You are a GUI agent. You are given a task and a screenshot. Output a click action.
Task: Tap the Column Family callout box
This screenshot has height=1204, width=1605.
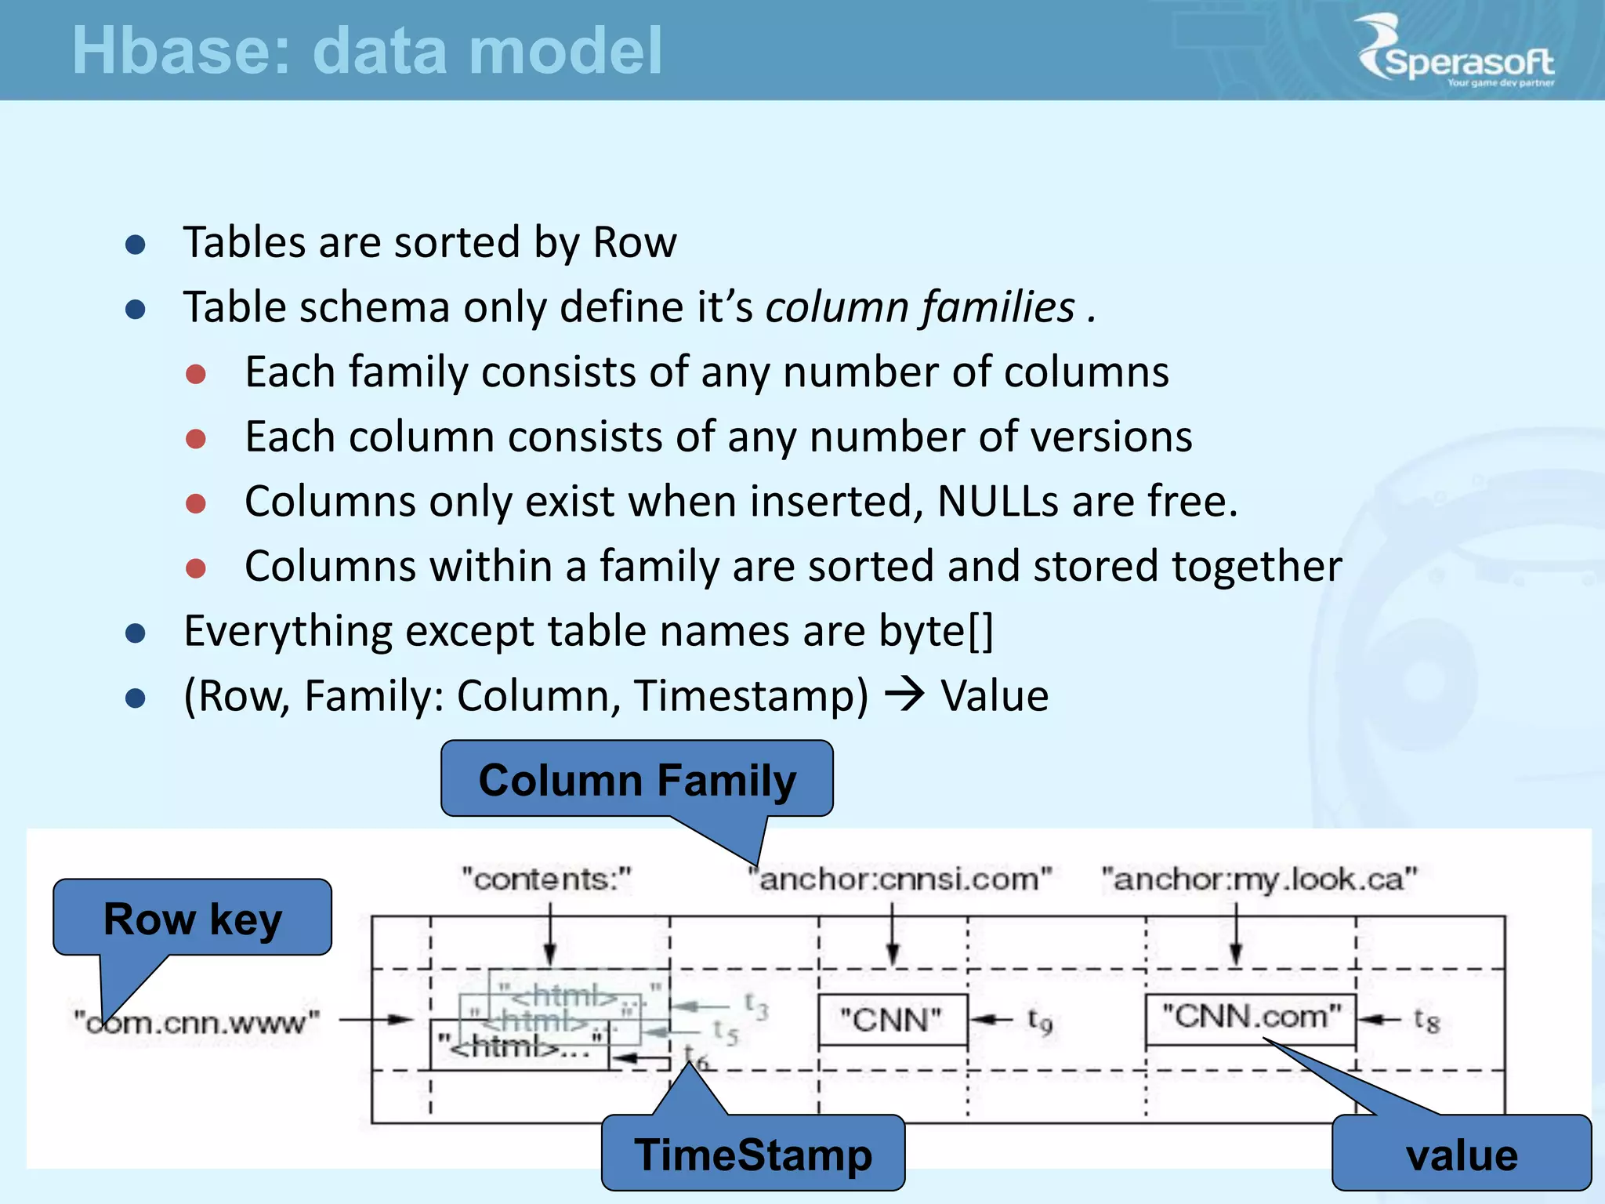pyautogui.click(x=636, y=780)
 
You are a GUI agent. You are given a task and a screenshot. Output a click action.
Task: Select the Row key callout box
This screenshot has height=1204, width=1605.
pyautogui.click(x=192, y=918)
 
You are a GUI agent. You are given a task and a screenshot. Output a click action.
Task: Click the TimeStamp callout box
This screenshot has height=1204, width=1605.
pyautogui.click(x=752, y=1154)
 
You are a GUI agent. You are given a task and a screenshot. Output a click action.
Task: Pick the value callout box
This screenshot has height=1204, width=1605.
pyautogui.click(x=1462, y=1155)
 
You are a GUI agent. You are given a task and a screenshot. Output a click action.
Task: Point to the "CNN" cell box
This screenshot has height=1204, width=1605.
pyautogui.click(x=892, y=1020)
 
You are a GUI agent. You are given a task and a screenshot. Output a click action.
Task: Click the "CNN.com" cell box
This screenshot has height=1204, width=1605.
pyautogui.click(x=1251, y=1017)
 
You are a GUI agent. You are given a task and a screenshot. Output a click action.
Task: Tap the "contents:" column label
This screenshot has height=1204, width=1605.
pyautogui.click(x=546, y=879)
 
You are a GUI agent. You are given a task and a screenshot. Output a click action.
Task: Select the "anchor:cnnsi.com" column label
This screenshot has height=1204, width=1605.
pyautogui.click(x=901, y=879)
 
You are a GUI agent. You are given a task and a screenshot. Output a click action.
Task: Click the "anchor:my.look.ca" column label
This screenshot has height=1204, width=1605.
pyautogui.click(x=1259, y=879)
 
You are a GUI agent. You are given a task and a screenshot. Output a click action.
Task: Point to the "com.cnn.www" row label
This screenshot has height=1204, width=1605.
pyautogui.click(x=197, y=1022)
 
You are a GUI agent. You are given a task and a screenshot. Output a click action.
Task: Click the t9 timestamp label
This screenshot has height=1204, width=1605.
pyautogui.click(x=1039, y=1020)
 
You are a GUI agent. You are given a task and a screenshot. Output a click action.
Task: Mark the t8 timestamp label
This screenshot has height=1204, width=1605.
pyautogui.click(x=1426, y=1020)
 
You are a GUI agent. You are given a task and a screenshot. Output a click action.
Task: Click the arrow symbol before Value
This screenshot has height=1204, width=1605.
pyautogui.click(x=904, y=694)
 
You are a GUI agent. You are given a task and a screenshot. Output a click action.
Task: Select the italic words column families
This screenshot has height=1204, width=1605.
pyautogui.click(x=920, y=306)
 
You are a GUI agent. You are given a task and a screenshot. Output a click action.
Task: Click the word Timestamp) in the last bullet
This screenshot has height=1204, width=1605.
pyautogui.click(x=751, y=695)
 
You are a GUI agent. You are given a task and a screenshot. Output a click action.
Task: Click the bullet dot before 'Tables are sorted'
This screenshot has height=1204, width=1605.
pyautogui.click(x=136, y=244)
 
